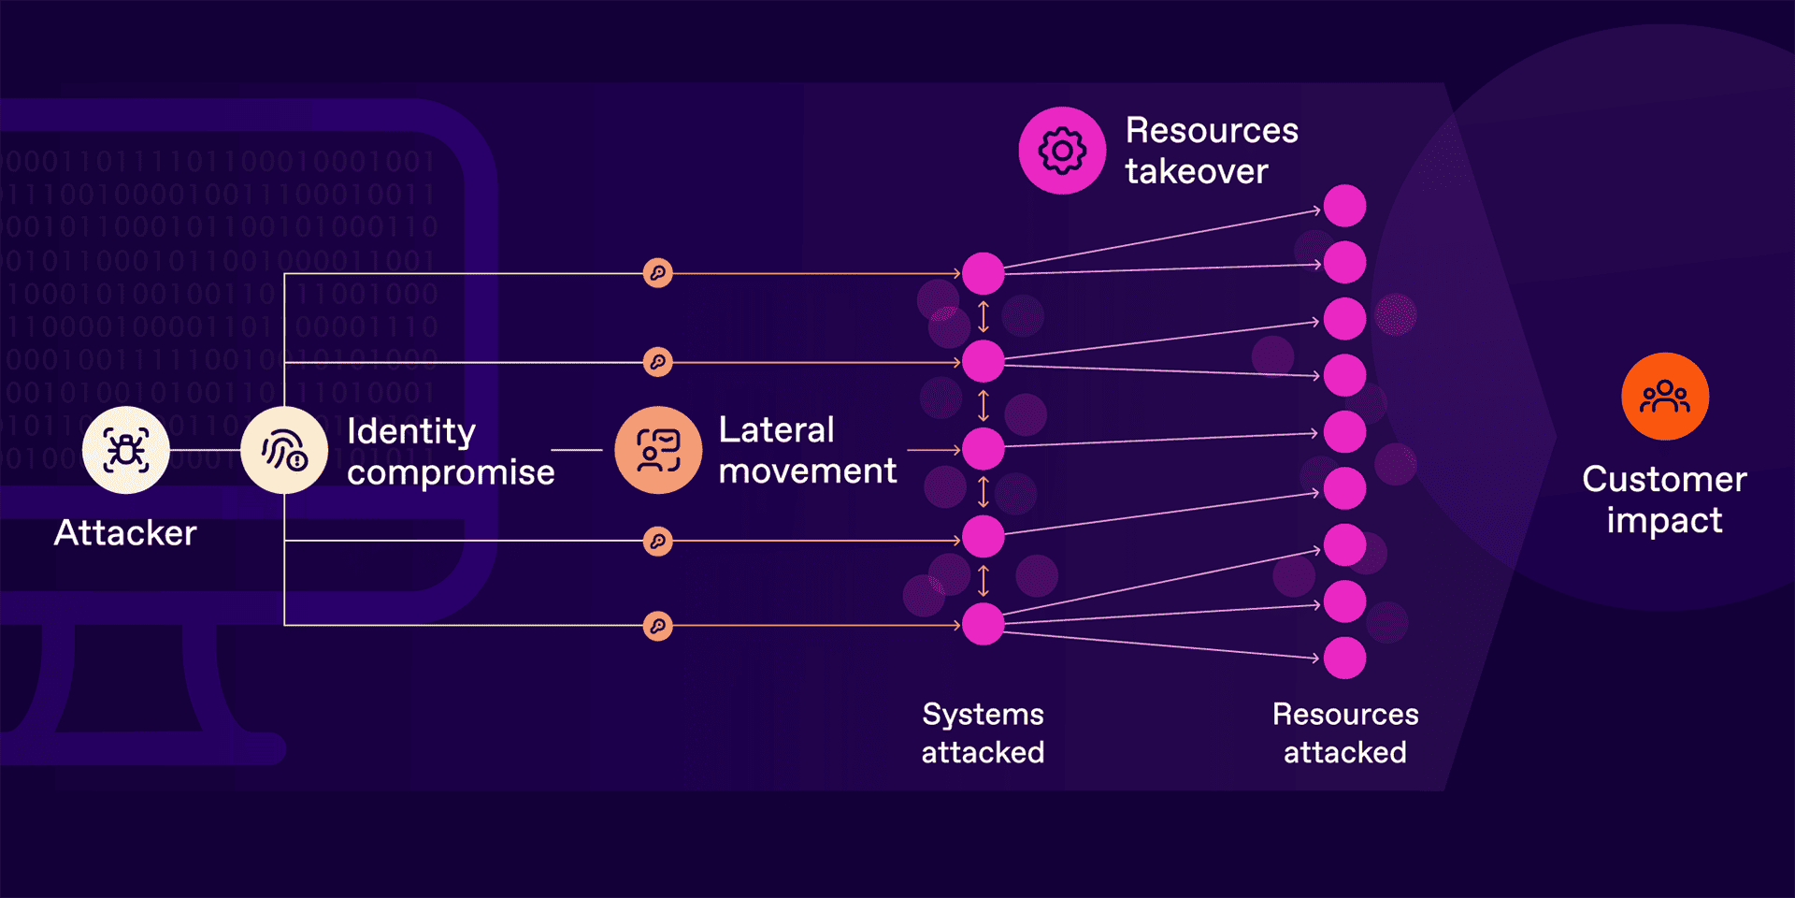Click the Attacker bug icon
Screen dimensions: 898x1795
point(125,450)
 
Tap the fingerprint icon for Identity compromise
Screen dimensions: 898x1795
point(284,450)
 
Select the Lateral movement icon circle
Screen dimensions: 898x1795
point(658,450)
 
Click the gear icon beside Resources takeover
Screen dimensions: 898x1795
point(1062,151)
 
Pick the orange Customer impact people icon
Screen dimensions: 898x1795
point(1665,397)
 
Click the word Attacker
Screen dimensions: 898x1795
point(125,533)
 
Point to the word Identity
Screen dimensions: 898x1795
point(411,432)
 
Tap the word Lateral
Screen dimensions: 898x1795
point(776,430)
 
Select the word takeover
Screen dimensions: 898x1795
point(1197,172)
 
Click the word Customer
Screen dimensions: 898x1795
point(1664,480)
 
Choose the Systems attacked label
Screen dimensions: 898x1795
point(983,733)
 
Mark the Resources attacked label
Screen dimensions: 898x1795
point(1345,733)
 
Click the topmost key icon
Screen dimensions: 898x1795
point(658,273)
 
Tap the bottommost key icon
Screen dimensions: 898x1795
point(658,626)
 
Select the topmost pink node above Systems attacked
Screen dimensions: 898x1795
point(984,273)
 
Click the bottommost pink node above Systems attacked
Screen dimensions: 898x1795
point(984,624)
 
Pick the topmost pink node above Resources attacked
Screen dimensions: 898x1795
point(1345,206)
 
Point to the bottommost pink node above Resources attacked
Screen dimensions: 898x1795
point(1345,659)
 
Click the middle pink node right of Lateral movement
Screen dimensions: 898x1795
point(984,449)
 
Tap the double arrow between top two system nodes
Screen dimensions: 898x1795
point(984,317)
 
